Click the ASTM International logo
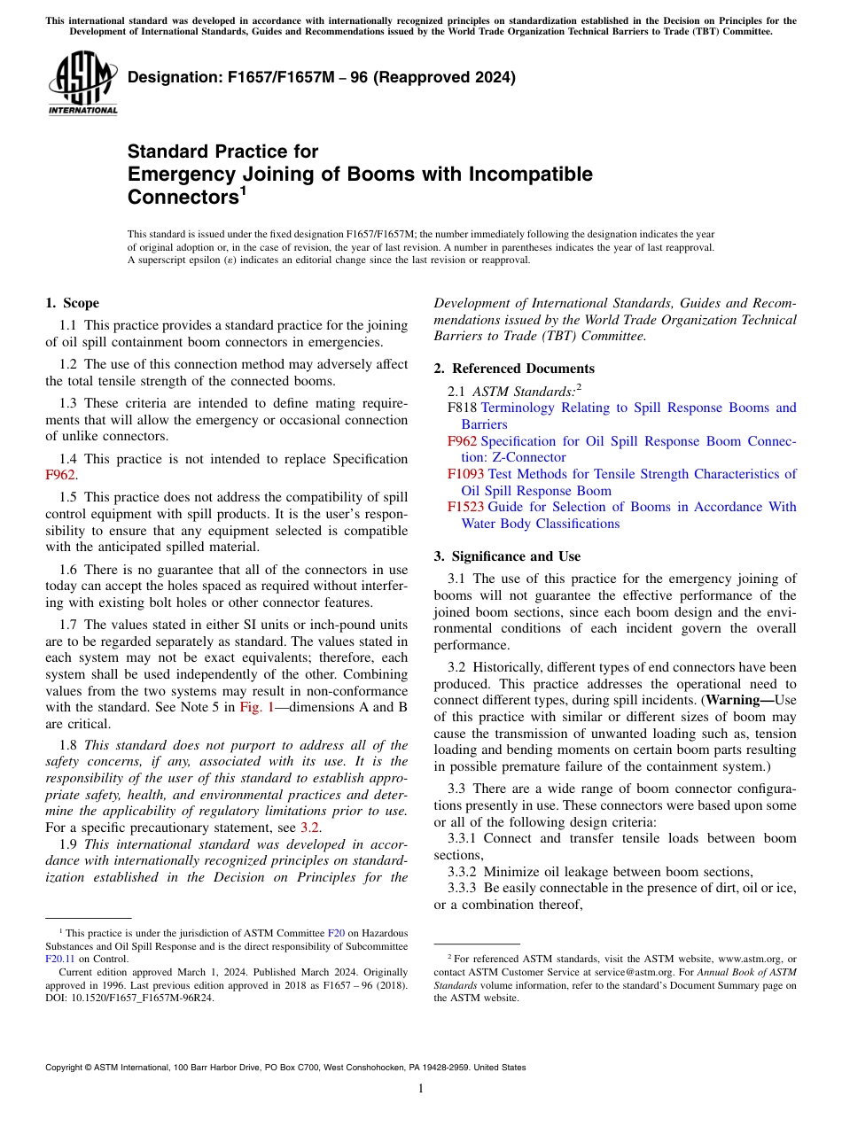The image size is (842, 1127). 82,83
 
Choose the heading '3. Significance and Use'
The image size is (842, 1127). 507,556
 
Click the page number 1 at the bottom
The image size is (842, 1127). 421,1089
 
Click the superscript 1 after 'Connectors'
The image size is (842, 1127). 243,190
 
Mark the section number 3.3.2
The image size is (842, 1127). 466,872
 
